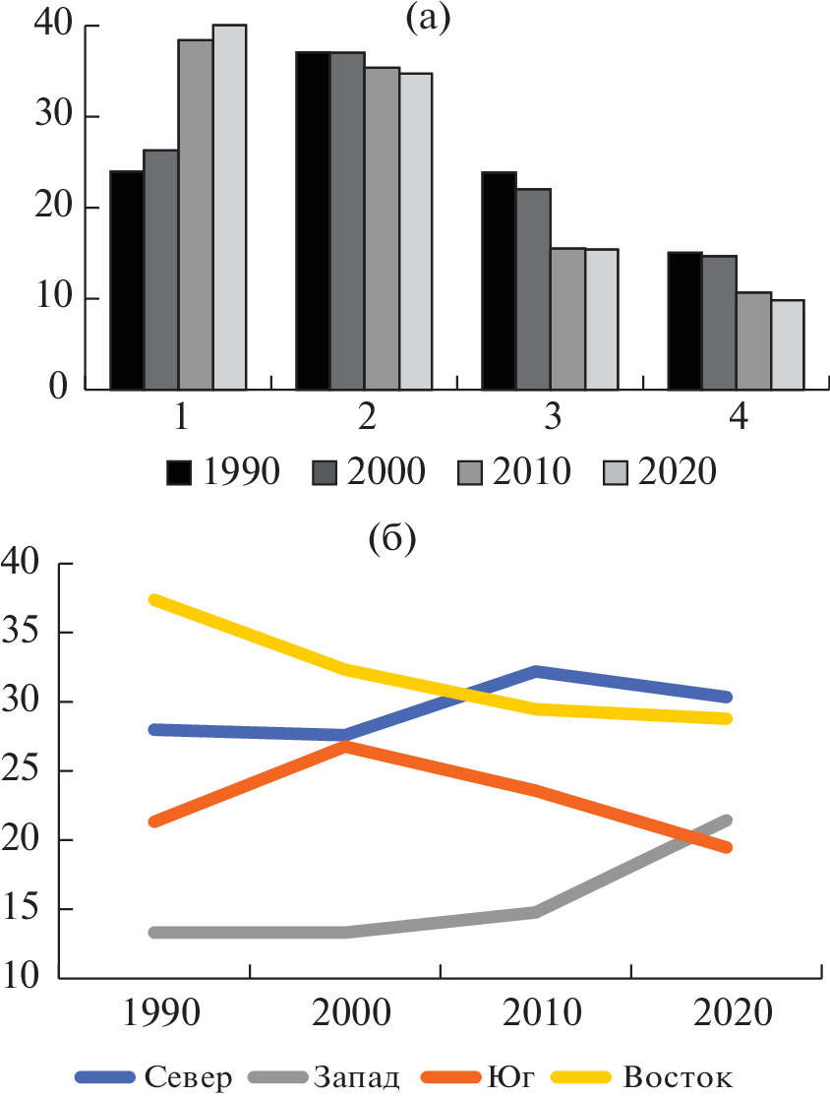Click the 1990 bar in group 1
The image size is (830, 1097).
126,280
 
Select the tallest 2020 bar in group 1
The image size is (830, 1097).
229,207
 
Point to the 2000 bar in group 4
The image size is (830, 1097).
719,323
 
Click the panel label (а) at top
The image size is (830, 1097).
427,19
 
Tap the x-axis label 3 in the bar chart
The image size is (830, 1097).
553,417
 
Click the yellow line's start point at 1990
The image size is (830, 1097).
155,599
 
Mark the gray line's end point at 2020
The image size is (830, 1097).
726,821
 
